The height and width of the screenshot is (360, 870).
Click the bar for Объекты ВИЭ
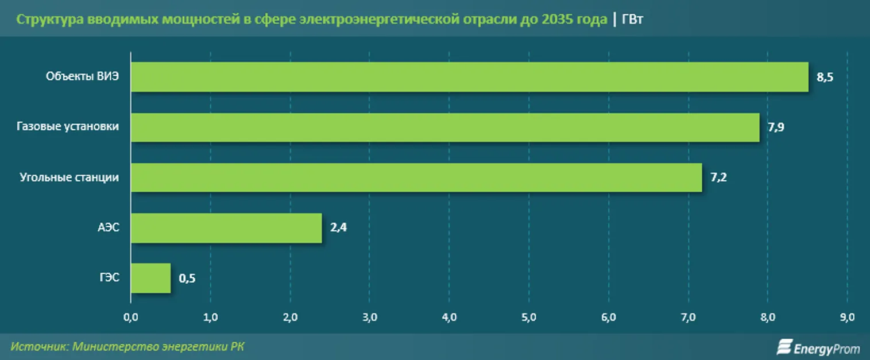tap(469, 77)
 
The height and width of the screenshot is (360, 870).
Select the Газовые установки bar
tap(445, 127)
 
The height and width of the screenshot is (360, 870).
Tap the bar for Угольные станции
tap(416, 177)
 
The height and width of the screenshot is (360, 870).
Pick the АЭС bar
tap(226, 227)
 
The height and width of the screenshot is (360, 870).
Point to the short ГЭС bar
tap(151, 278)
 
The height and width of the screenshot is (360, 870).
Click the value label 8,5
tap(825, 78)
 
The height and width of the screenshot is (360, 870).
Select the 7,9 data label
tap(776, 127)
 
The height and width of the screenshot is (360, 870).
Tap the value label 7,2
tap(718, 177)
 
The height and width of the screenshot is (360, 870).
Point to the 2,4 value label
tap(338, 228)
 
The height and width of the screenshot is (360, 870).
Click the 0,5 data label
tap(187, 278)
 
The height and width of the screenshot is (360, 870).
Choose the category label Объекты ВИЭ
tap(83, 77)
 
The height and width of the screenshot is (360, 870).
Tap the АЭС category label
tap(109, 227)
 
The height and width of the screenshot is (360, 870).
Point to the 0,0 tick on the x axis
tap(131, 317)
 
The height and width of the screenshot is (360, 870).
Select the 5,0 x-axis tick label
tap(529, 317)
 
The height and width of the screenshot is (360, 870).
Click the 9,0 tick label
tap(848, 317)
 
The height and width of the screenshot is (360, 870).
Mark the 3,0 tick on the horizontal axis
tap(370, 317)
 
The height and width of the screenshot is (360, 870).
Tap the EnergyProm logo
tap(818, 347)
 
